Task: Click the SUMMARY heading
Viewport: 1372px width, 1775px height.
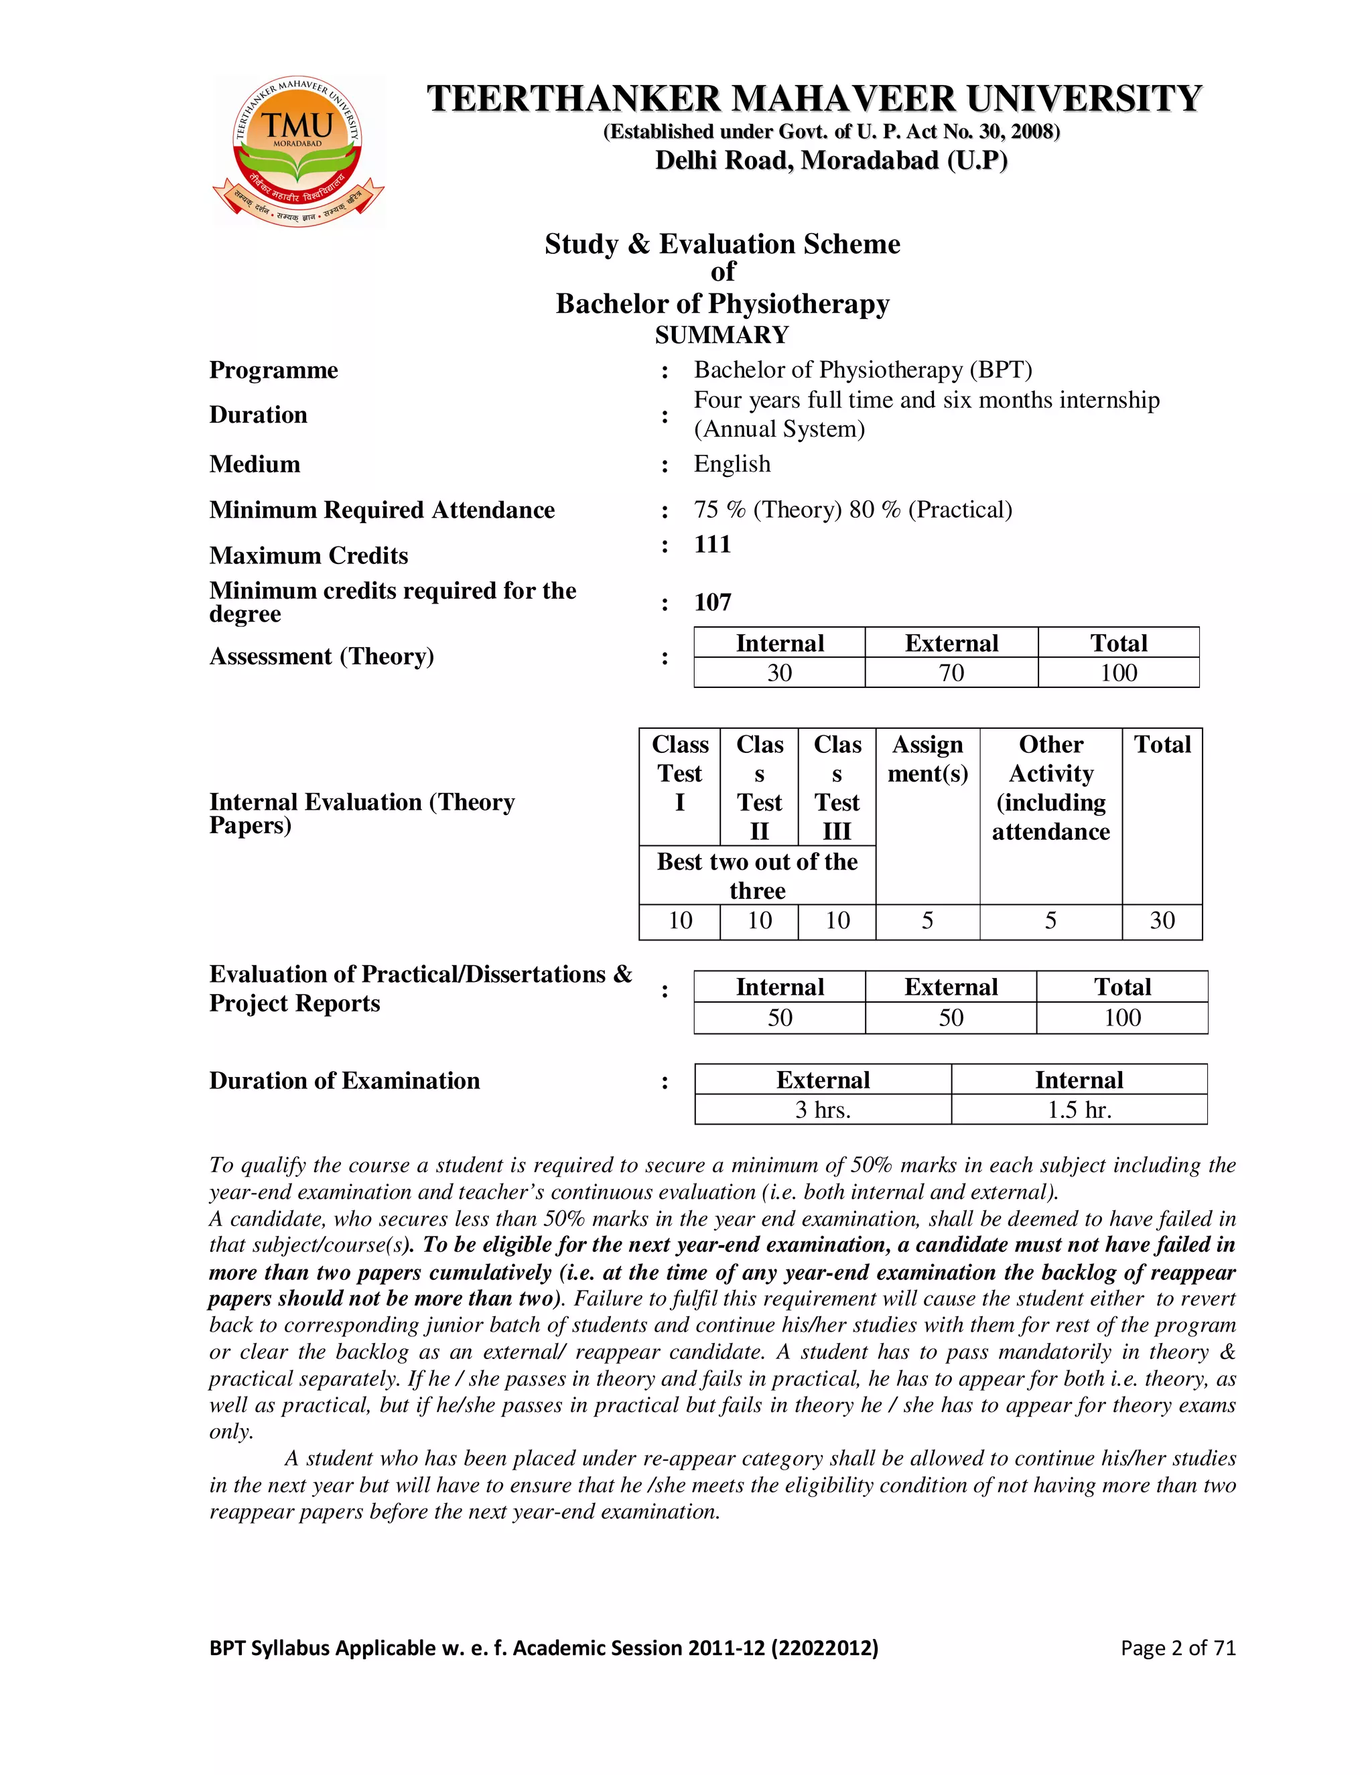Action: point(722,335)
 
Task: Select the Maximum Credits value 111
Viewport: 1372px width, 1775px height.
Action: point(713,544)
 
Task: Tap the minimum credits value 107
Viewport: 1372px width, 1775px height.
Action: point(713,602)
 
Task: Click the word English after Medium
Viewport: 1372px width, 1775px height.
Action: point(732,464)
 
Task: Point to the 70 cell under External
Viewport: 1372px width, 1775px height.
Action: point(951,673)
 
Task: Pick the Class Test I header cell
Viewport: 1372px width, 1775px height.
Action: point(679,774)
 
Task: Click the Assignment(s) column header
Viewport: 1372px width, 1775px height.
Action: point(927,759)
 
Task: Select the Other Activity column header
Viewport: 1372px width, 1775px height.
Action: point(1050,788)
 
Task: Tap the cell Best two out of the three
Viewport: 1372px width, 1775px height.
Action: point(757,875)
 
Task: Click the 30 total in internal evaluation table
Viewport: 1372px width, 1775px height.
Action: point(1162,921)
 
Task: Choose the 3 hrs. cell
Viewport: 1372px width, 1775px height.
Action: point(823,1110)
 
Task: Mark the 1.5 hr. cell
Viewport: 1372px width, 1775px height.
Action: point(1079,1110)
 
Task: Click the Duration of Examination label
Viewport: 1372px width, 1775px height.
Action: point(344,1081)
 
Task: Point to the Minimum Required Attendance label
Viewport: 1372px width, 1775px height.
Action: point(382,510)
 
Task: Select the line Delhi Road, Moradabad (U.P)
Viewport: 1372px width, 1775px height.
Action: point(831,160)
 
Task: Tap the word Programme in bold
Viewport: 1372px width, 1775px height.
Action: point(274,370)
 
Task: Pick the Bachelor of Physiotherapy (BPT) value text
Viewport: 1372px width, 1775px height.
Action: point(862,370)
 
